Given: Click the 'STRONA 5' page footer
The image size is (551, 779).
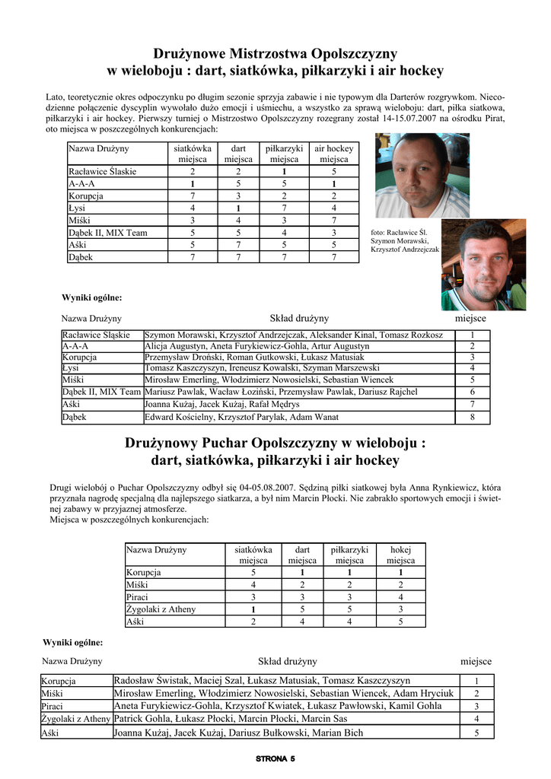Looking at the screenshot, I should point(275,758).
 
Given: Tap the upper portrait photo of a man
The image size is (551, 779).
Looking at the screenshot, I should point(422,176).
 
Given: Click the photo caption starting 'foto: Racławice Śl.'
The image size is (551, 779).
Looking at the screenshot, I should point(404,240).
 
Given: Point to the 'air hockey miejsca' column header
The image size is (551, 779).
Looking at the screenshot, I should point(333,154).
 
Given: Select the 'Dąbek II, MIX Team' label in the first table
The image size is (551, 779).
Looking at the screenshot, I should point(107,233).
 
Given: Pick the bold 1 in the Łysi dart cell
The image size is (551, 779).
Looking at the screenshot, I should point(237,208).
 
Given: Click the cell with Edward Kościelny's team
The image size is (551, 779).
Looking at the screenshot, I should point(241,417).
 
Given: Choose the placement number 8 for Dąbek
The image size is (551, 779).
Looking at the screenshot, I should point(472,417).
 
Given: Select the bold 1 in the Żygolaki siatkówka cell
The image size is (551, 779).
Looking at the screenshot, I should point(253,609).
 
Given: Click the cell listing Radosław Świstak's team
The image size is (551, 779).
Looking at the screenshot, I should point(262,681).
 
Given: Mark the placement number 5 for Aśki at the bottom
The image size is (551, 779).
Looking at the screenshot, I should point(476,733).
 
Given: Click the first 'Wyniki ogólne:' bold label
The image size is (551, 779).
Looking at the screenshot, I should point(91,297).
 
